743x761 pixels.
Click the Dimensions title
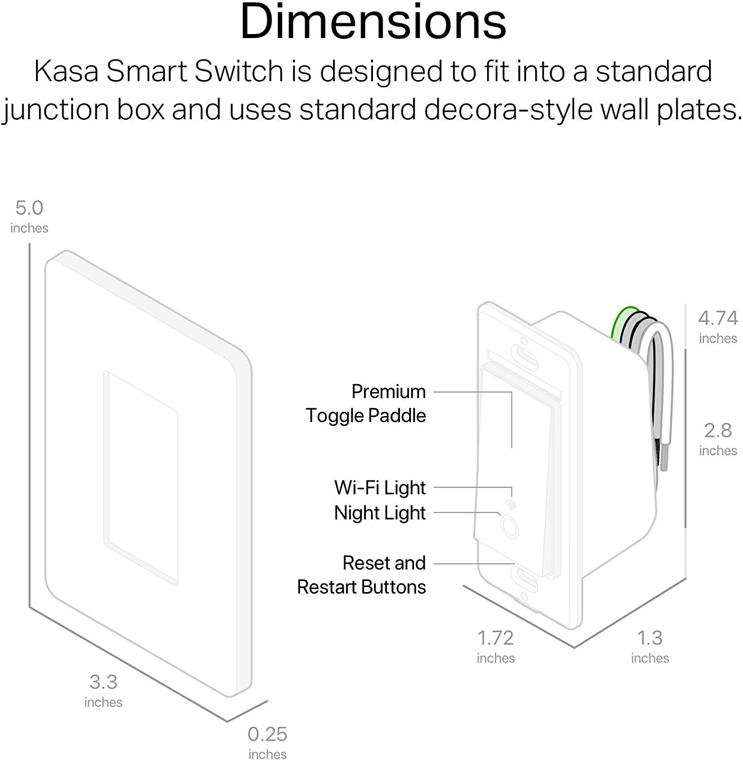[373, 22]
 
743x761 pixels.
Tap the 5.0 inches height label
[29, 216]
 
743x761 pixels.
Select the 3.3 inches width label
[103, 690]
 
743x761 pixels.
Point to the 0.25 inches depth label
[267, 742]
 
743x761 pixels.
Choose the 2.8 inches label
[718, 438]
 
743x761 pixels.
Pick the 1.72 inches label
[496, 646]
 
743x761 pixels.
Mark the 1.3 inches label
[650, 646]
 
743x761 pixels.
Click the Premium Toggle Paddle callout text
[366, 403]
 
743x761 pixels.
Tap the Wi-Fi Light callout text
[380, 488]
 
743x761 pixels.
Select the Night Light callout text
[380, 513]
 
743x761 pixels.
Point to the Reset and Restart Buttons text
[361, 575]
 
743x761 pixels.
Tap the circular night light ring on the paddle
[509, 526]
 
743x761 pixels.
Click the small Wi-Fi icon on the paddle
[510, 504]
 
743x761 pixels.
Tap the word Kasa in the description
[66, 71]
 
